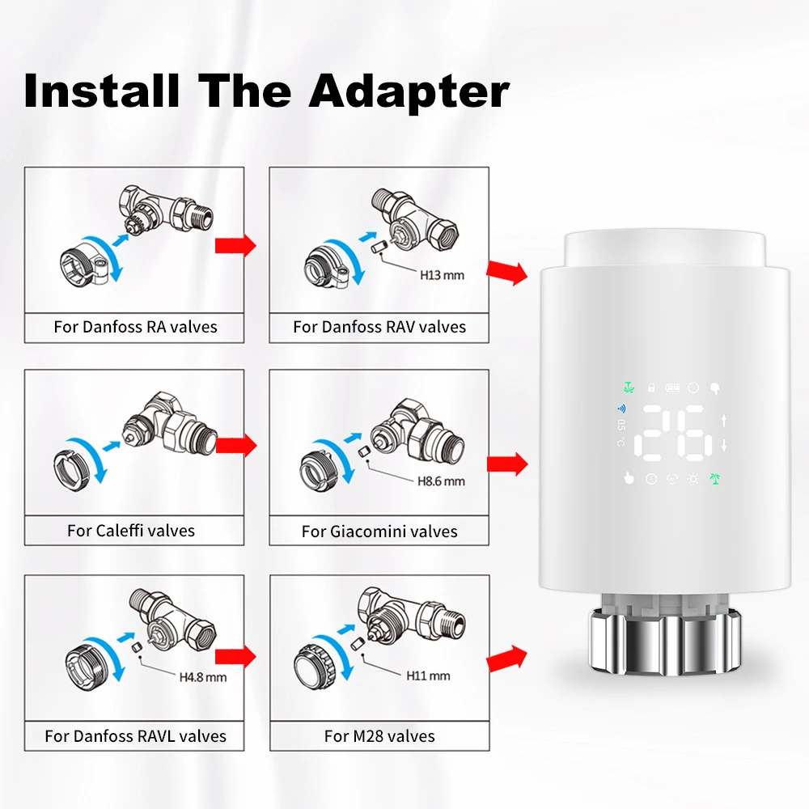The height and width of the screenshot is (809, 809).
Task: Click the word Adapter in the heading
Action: pyautogui.click(x=409, y=91)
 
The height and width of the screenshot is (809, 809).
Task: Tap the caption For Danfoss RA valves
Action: pyautogui.click(x=135, y=327)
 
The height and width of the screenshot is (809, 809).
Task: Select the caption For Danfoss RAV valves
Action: pyautogui.click(x=379, y=327)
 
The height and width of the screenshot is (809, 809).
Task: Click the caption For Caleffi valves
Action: pyautogui.click(x=131, y=531)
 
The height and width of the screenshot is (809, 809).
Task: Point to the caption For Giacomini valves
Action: pyautogui.click(x=379, y=532)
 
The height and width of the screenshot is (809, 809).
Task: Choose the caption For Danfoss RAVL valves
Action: pyautogui.click(x=135, y=735)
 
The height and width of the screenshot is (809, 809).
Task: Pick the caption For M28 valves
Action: pyautogui.click(x=379, y=735)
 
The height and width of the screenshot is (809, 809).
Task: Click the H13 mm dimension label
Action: pyautogui.click(x=442, y=276)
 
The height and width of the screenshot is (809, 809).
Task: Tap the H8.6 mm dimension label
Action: pyautogui.click(x=441, y=481)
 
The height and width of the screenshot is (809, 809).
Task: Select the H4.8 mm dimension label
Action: pyautogui.click(x=203, y=677)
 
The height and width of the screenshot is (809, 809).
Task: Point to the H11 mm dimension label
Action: pyautogui.click(x=428, y=676)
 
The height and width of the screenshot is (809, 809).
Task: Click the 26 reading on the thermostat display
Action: pyautogui.click(x=673, y=433)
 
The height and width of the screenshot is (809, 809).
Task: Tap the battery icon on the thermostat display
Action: pyautogui.click(x=672, y=388)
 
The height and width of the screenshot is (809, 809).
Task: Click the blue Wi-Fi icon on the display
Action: pyautogui.click(x=621, y=409)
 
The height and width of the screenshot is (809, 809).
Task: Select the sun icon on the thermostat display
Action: pyautogui.click(x=693, y=479)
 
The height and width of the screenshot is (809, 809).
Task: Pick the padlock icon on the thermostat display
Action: pyautogui.click(x=651, y=387)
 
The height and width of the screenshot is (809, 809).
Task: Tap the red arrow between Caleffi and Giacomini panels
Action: pyautogui.click(x=235, y=445)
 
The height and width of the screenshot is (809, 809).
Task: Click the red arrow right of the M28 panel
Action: pyautogui.click(x=506, y=659)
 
